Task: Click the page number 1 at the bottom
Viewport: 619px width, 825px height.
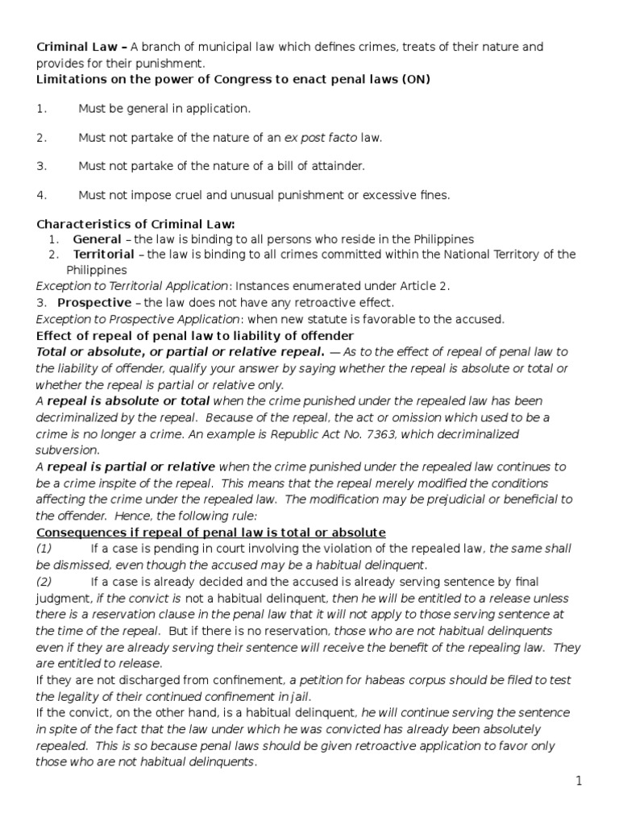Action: [600, 781]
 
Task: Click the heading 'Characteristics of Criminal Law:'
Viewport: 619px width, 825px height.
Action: [136, 224]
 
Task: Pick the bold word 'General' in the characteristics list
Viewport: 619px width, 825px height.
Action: [97, 239]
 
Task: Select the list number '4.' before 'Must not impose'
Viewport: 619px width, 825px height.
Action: [43, 195]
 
